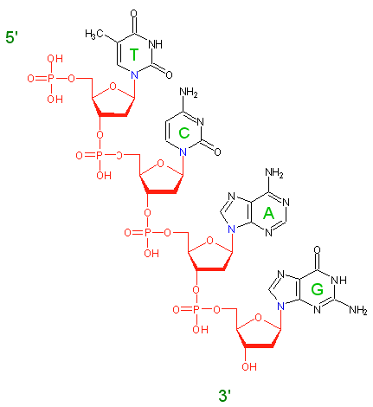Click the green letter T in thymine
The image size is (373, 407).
click(134, 55)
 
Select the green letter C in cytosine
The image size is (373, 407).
click(183, 133)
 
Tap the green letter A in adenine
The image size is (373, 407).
click(268, 214)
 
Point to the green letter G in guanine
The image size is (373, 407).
click(317, 289)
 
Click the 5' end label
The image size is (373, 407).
click(12, 37)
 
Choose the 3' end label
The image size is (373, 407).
click(225, 396)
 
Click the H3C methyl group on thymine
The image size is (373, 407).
click(94, 34)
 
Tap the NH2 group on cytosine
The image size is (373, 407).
click(189, 93)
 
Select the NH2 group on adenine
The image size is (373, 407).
click(274, 173)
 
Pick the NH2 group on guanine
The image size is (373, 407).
click(358, 310)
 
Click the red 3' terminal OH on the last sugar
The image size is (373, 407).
click(249, 366)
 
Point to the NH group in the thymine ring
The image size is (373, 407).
click(155, 44)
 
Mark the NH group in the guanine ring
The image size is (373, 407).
click(338, 280)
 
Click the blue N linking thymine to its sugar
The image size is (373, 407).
click(134, 75)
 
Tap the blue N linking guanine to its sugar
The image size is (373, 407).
click(280, 306)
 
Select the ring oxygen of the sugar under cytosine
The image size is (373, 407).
click(160, 164)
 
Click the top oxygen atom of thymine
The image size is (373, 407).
click(133, 14)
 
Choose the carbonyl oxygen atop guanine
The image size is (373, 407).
click(317, 249)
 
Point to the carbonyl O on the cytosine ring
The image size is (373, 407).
click(217, 152)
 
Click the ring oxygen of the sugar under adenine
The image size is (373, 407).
click(209, 241)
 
